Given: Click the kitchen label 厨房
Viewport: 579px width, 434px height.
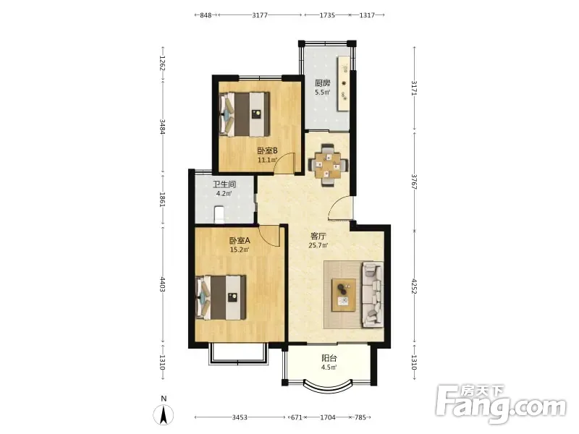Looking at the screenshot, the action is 322,83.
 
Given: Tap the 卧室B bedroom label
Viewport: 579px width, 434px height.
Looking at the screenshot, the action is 267,150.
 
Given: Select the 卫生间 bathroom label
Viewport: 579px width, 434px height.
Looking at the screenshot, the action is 224,184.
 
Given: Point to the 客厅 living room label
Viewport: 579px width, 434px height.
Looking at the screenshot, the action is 318,236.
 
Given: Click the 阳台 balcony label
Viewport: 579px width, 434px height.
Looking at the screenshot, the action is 329,358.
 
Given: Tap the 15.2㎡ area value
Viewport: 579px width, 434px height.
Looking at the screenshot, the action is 240,250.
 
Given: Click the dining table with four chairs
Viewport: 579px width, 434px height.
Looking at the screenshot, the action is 328,165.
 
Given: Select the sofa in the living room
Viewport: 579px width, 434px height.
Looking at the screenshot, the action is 373,294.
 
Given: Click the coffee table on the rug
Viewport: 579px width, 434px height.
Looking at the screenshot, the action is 344,295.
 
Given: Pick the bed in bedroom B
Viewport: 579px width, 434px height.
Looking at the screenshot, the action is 244,114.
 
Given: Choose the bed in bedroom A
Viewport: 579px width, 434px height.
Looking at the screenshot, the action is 221,297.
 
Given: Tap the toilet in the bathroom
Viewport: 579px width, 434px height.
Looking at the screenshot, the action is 219,215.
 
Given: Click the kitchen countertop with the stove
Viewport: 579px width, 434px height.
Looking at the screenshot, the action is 343,83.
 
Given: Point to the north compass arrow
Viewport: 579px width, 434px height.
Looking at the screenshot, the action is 164,414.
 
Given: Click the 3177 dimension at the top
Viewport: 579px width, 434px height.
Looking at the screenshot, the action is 260,15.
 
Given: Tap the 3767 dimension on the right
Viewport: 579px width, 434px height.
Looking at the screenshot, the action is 414,182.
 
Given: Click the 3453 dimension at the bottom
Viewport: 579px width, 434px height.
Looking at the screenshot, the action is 240,417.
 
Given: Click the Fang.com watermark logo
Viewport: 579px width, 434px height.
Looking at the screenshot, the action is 500,404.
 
